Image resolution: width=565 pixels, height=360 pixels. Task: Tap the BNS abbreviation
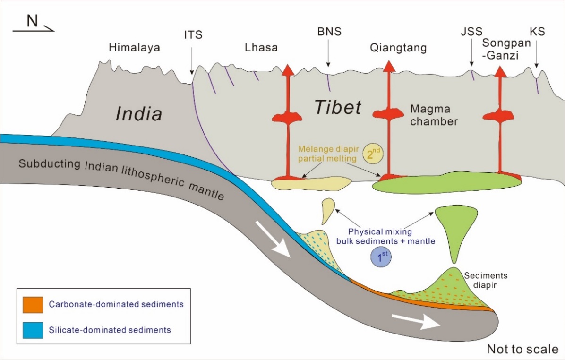click(329, 32)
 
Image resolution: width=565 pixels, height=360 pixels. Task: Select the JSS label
click(472, 32)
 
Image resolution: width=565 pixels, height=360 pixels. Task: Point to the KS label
click(537, 32)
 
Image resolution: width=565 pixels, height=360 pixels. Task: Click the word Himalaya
click(134, 48)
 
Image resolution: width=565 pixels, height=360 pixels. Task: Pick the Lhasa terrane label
click(261, 48)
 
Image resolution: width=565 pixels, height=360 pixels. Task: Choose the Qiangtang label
click(399, 48)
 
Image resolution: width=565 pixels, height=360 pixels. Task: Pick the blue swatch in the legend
click(32, 329)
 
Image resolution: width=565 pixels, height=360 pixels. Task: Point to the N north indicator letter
click(32, 22)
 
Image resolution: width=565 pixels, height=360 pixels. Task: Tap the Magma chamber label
click(434, 115)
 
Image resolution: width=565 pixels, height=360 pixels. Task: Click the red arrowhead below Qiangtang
click(389, 67)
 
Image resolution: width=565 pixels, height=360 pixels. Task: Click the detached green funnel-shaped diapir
click(454, 227)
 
